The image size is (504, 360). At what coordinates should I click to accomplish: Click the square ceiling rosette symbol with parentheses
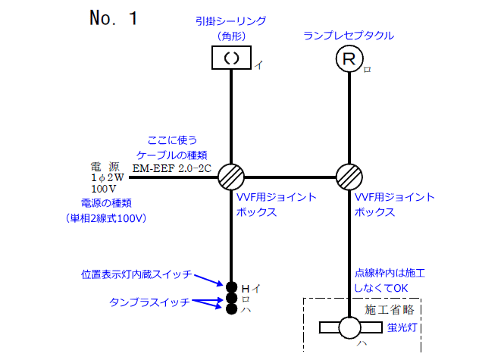[x=230, y=58]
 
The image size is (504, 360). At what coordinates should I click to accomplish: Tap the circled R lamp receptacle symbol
[x=349, y=58]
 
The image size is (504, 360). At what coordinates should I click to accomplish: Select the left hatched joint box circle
[x=230, y=177]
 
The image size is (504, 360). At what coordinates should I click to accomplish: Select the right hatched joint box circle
[x=349, y=177]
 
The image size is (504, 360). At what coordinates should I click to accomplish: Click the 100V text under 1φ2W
[x=103, y=187]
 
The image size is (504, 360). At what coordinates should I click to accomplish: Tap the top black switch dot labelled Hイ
[x=230, y=286]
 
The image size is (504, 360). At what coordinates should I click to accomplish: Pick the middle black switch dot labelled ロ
[x=230, y=298]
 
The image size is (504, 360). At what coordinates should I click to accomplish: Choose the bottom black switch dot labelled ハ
[x=230, y=308]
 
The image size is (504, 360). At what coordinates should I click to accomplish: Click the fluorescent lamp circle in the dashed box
[x=349, y=327]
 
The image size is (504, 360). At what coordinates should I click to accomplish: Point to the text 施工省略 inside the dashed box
[x=390, y=309]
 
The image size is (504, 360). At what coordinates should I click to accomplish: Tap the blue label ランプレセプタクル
[x=349, y=35]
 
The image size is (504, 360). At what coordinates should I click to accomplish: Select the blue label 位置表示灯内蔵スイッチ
[x=136, y=274]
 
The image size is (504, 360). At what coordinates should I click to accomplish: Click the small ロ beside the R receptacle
[x=368, y=69]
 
